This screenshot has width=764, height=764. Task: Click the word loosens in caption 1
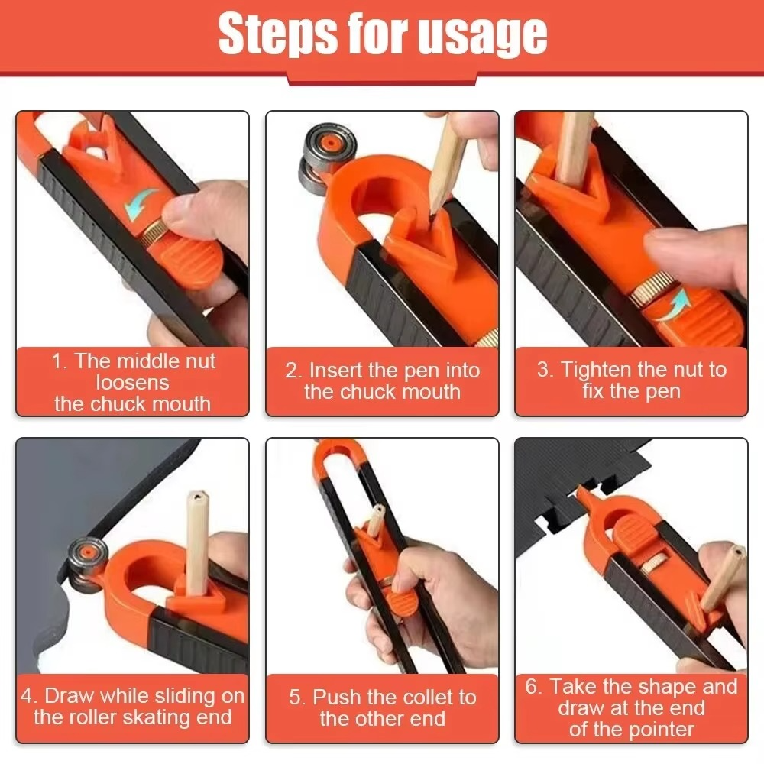[133, 383]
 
